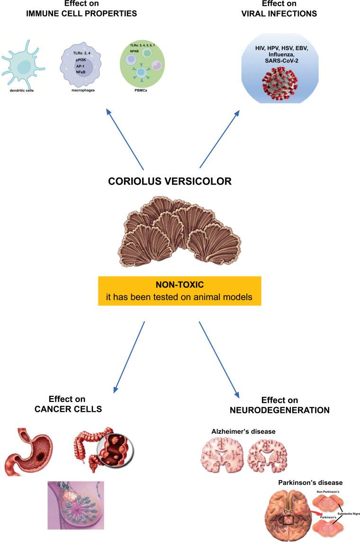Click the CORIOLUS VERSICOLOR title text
(x=177, y=181)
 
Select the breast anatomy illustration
(x=75, y=505)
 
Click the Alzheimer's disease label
(x=243, y=431)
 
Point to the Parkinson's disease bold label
(x=310, y=482)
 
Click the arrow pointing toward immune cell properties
(x=125, y=138)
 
